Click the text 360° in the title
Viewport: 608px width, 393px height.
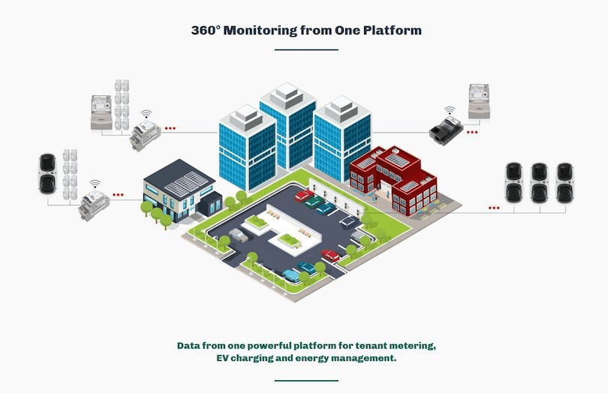(x=206, y=31)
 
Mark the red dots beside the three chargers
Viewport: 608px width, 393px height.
(x=494, y=207)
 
